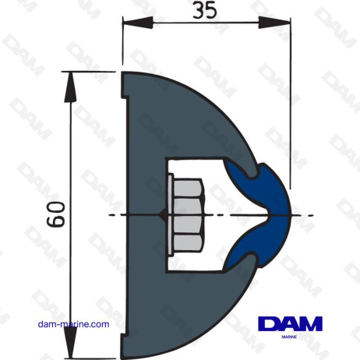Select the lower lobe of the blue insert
click(246, 249)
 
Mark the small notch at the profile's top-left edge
click(125, 95)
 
